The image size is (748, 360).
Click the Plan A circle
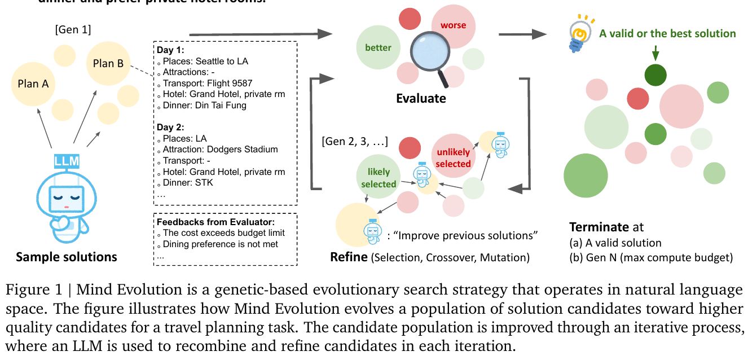point(33,84)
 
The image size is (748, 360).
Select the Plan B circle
point(108,63)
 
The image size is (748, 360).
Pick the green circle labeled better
point(377,47)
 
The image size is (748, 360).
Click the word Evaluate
point(421,98)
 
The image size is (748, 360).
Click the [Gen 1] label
point(73,29)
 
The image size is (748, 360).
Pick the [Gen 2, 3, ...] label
point(354,141)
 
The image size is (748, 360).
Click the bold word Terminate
point(598,227)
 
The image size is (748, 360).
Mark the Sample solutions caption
point(67,257)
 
